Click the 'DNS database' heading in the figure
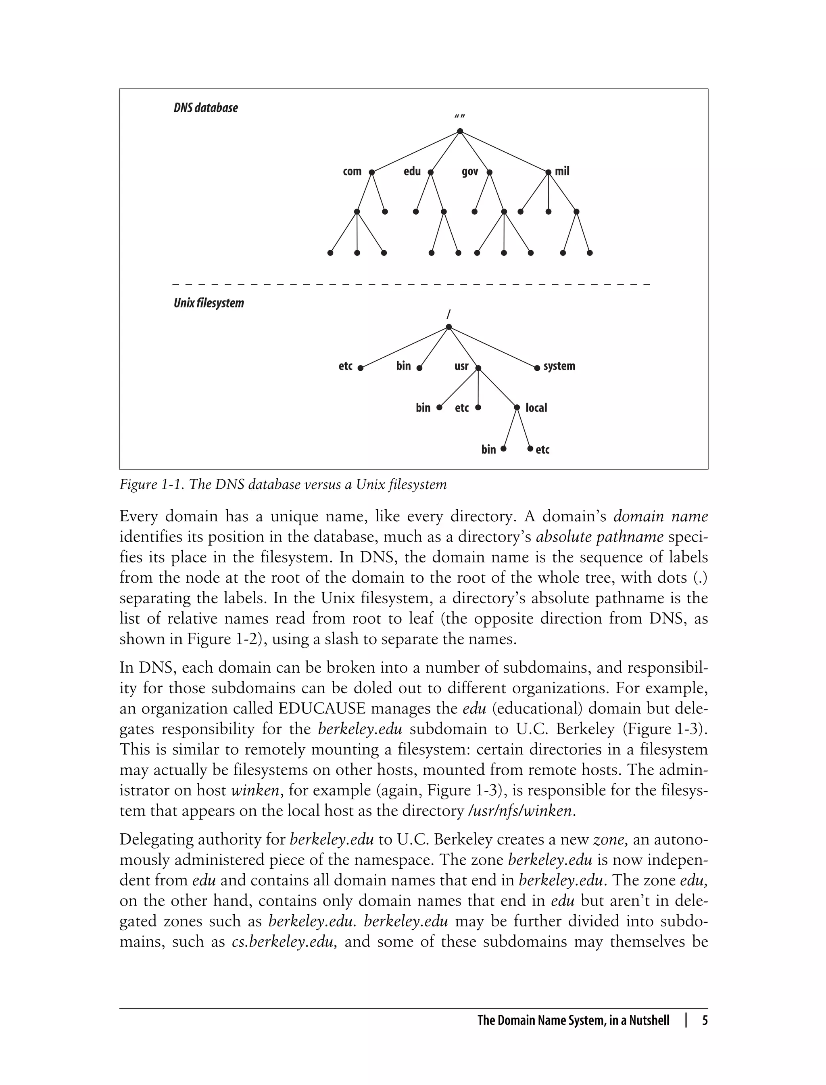206,108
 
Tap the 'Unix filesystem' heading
209,303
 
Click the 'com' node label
352,171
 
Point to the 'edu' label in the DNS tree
412,171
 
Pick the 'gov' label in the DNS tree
470,171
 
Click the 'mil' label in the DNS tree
562,171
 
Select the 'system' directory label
559,366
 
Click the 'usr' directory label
461,366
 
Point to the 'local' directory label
536,408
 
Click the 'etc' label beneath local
542,449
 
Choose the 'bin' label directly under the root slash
403,366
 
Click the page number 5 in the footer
705,1020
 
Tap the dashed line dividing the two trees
411,284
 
